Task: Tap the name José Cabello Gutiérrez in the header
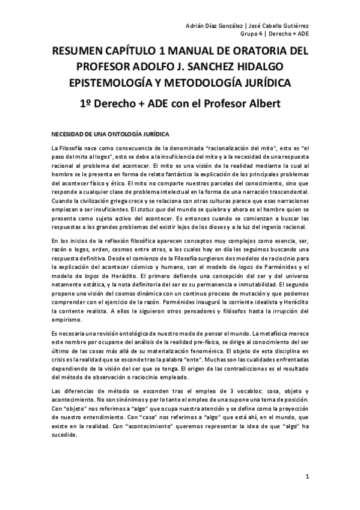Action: coord(278,25)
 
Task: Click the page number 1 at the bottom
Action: coord(307,478)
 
